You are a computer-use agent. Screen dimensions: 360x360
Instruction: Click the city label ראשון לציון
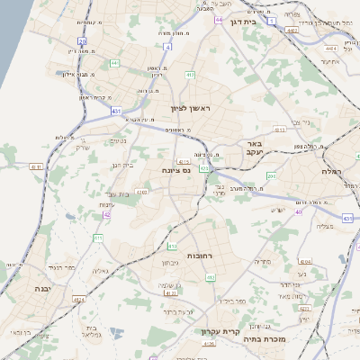point(188,108)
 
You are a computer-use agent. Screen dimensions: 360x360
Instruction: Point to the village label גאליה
point(100,270)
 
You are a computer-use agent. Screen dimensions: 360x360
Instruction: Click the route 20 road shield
point(82,40)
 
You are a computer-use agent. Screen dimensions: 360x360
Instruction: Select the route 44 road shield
point(219,17)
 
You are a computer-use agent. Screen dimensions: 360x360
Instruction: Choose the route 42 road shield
point(107,214)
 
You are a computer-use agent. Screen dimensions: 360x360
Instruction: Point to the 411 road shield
point(98,238)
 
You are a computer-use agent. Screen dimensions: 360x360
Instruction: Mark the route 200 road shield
point(271,175)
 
